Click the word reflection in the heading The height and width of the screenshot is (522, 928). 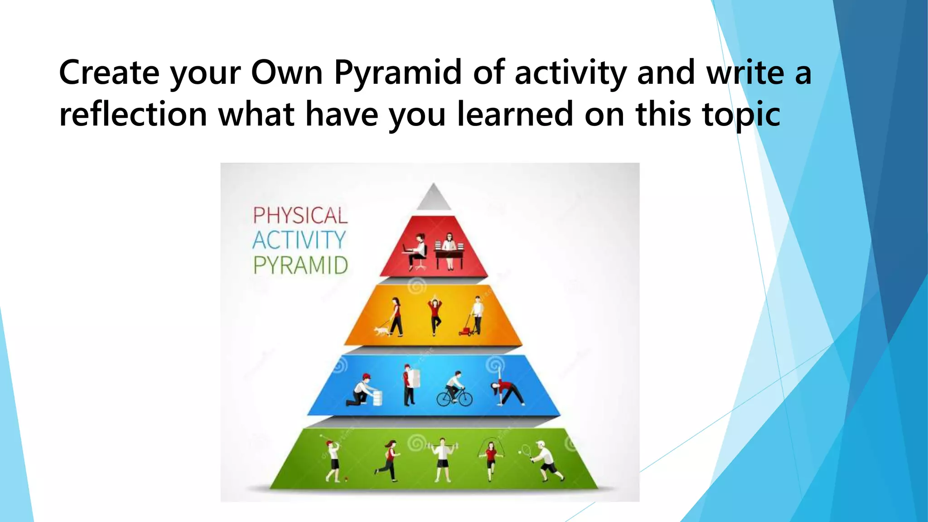(x=133, y=114)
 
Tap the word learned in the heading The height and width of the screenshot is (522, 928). (x=515, y=114)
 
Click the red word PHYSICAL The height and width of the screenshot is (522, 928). (x=300, y=216)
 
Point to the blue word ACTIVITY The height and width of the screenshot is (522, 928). (x=299, y=240)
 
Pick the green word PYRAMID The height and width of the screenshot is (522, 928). (x=300, y=266)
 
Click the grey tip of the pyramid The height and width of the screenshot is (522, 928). (x=434, y=198)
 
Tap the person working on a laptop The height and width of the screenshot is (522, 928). (x=416, y=252)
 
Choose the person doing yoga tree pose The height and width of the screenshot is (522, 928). (x=435, y=315)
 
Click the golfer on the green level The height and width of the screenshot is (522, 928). (x=333, y=460)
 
